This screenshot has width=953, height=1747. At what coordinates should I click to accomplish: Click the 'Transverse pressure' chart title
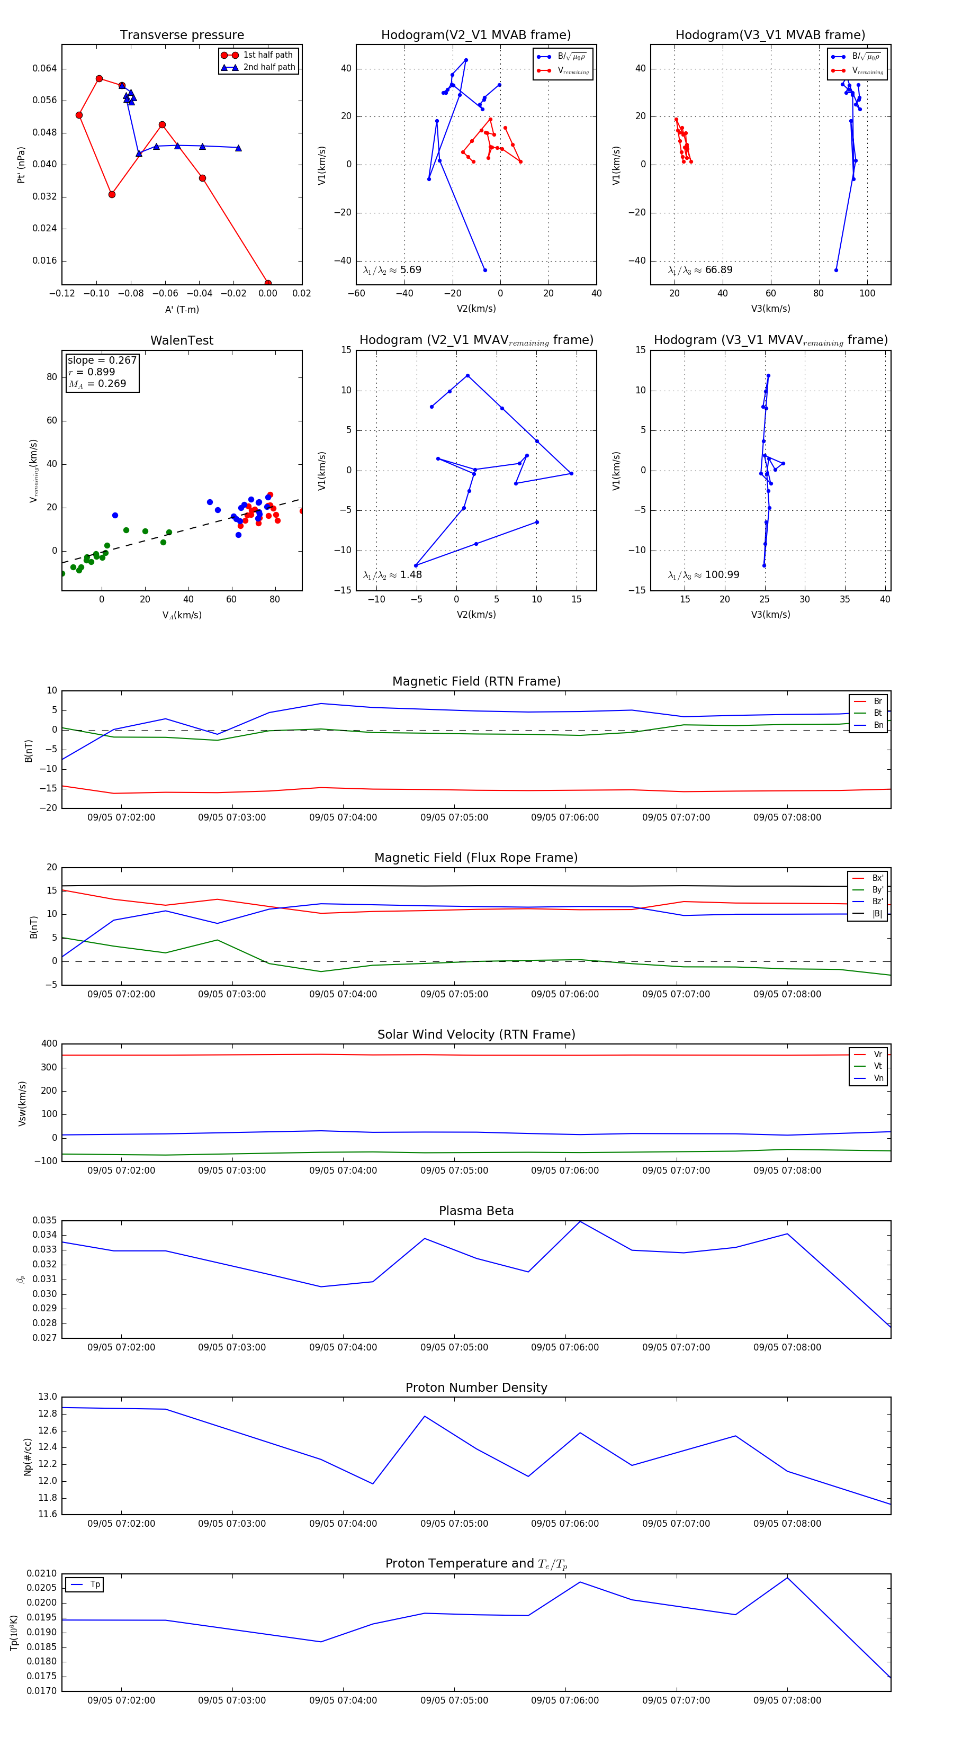[182, 35]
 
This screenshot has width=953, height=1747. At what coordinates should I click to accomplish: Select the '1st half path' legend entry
[267, 55]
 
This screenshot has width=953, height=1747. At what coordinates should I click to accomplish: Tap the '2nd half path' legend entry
[268, 67]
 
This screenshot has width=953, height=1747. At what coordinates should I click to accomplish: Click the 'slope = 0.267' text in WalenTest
[102, 360]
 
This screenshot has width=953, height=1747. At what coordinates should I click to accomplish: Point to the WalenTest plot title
[182, 340]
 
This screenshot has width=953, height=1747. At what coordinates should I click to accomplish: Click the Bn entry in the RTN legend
[878, 725]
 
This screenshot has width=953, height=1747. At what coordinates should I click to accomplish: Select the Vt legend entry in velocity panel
[878, 1066]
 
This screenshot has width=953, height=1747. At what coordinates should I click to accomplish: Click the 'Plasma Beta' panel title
[476, 1211]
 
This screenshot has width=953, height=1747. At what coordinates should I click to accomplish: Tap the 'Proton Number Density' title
[476, 1388]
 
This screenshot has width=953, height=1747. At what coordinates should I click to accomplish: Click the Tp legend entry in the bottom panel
[95, 1584]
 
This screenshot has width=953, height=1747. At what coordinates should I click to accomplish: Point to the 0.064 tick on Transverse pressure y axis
[45, 68]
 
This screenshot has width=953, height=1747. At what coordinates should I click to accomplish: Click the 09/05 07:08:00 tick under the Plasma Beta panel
[787, 1347]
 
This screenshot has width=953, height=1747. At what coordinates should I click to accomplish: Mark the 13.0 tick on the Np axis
[48, 1397]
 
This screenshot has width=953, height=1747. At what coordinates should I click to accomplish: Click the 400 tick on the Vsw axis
[50, 1044]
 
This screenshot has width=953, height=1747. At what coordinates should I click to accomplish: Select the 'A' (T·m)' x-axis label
[182, 309]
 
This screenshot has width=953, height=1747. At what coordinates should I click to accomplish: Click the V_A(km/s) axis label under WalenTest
[182, 615]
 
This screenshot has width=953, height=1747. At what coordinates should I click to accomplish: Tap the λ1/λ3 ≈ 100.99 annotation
[704, 575]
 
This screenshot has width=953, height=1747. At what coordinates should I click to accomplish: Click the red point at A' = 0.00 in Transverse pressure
[268, 283]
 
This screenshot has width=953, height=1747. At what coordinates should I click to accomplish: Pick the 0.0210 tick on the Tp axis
[42, 1573]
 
